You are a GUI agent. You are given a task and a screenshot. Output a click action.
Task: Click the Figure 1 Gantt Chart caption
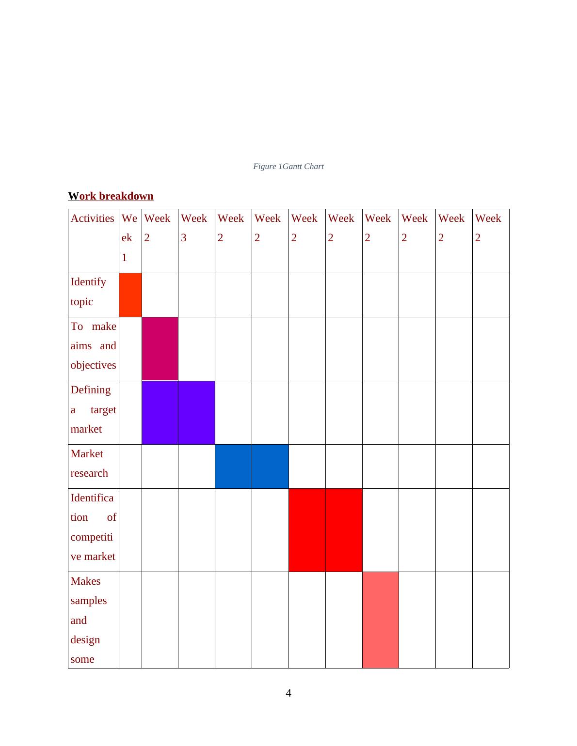288,167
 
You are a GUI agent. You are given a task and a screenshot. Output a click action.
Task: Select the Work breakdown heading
111,196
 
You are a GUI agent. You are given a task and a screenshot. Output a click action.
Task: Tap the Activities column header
93,218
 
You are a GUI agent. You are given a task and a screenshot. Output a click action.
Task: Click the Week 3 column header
194,228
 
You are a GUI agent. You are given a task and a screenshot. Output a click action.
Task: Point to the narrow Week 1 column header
129,238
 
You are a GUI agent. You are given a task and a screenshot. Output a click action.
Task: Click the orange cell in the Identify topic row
130,295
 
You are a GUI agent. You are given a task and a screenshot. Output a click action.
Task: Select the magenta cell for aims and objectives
160,349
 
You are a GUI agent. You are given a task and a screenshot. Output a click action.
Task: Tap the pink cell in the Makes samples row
381,620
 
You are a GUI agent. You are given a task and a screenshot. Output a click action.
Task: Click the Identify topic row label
88,292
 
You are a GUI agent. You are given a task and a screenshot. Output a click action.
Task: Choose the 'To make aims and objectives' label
94,346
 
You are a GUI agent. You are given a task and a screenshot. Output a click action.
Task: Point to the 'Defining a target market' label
94,410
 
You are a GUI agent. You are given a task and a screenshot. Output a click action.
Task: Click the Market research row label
89,464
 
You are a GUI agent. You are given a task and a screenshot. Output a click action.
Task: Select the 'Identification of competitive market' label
94,527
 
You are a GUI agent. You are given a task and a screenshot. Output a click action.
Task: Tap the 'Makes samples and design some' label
89,620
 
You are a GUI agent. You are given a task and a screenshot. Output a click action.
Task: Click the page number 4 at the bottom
288,693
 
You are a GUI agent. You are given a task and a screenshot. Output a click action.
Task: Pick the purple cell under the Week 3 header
196,412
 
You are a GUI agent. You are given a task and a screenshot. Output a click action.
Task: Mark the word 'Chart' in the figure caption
314,167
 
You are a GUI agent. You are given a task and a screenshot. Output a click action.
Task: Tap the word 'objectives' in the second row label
94,365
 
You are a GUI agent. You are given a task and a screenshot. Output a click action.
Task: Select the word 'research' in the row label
89,473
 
